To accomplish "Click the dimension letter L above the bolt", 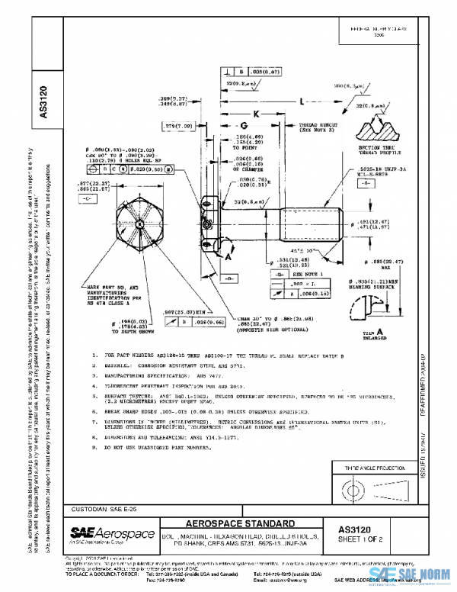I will coord(303,101).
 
